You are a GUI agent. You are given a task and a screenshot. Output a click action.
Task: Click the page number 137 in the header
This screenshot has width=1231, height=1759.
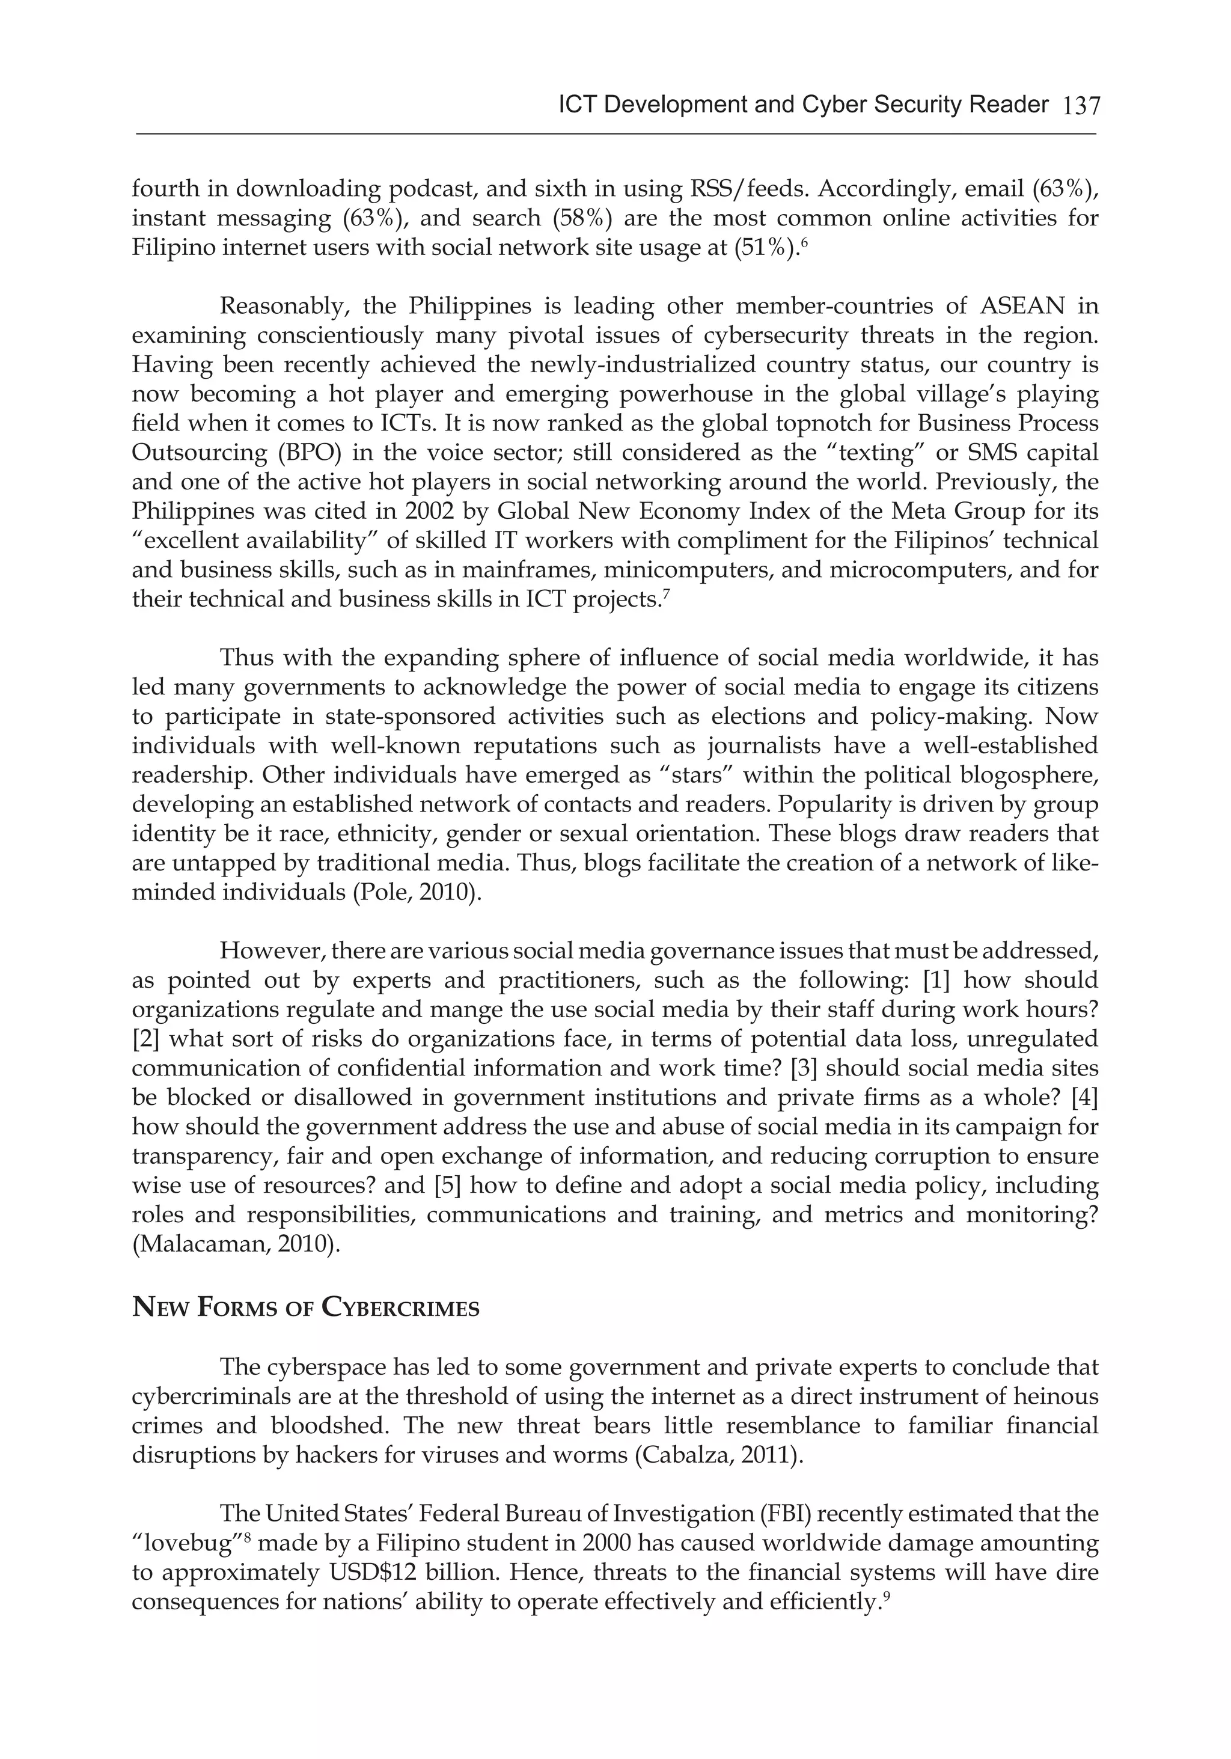(1081, 106)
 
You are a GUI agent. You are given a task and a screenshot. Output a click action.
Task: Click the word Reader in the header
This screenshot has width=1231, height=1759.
(1011, 104)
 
